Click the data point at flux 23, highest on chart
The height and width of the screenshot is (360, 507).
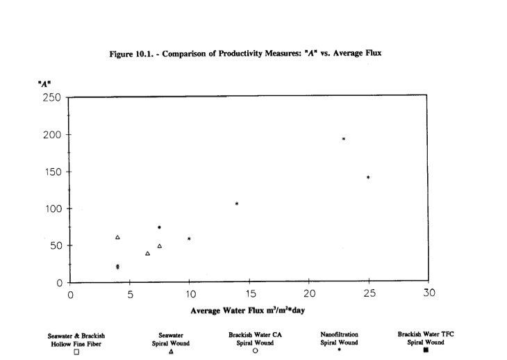tap(344, 139)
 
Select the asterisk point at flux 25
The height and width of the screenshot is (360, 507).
tap(368, 177)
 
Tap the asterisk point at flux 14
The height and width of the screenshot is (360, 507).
tap(237, 204)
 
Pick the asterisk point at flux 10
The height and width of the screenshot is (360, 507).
tap(189, 239)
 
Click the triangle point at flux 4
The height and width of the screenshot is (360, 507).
tap(117, 238)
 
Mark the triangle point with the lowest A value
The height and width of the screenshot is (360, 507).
tap(147, 254)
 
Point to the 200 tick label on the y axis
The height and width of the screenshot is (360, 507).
tap(51, 134)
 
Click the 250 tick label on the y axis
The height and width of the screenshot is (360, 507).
tap(51, 97)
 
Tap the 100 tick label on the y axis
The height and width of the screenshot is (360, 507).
tap(51, 208)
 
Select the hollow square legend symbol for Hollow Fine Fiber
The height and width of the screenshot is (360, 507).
tap(77, 351)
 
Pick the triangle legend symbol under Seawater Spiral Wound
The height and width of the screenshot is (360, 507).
tap(171, 351)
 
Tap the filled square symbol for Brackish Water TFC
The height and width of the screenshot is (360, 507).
tap(426, 350)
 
